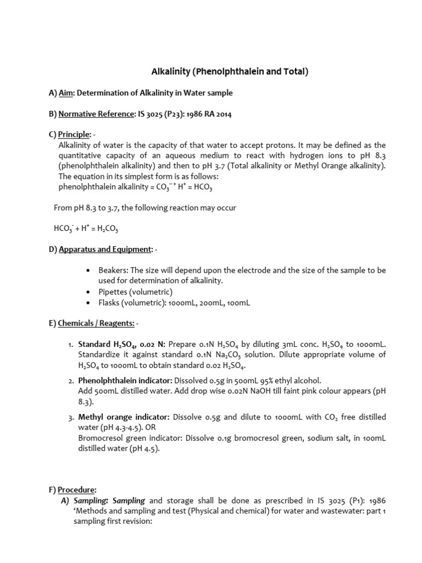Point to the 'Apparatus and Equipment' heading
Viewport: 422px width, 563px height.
pyautogui.click(x=105, y=250)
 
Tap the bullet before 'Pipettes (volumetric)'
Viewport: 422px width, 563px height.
pyautogui.click(x=90, y=292)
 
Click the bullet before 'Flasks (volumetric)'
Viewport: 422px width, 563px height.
pyautogui.click(x=90, y=303)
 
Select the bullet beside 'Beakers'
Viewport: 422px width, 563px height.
pyautogui.click(x=90, y=271)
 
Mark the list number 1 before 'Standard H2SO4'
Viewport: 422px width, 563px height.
pyautogui.click(x=71, y=344)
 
